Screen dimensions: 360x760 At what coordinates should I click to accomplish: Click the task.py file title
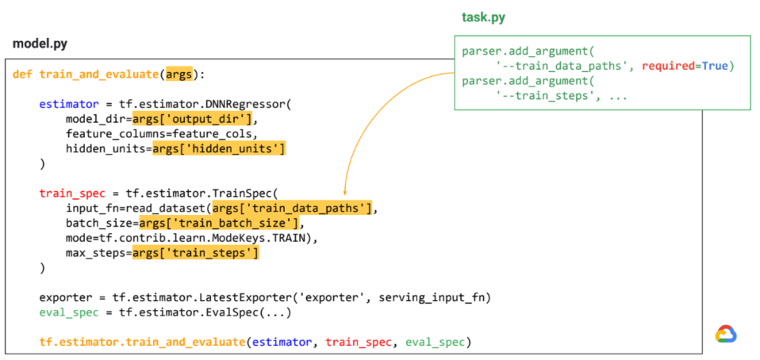point(483,17)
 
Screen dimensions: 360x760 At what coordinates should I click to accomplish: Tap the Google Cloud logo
point(726,334)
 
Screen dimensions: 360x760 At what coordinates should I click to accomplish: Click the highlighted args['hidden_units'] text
point(219,148)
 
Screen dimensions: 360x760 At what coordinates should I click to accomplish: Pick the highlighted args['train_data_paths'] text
point(293,209)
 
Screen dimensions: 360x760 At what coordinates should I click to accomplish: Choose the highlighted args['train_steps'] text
point(196,253)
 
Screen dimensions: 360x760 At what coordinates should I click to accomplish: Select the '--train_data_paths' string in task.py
point(564,66)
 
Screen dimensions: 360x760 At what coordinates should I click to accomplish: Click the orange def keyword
point(23,75)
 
